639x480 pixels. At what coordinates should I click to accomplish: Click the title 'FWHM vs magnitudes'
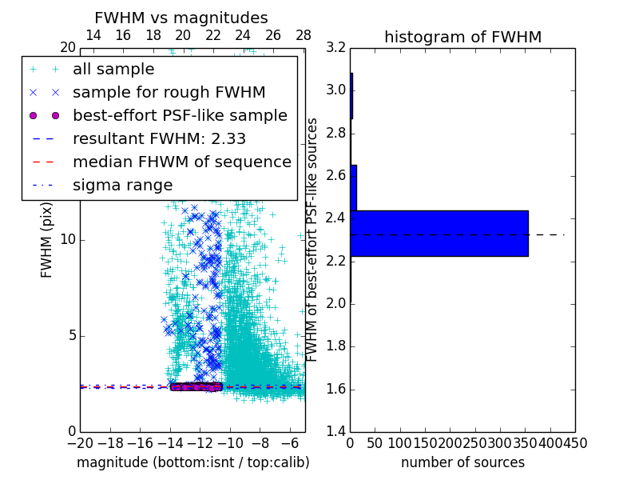(181, 18)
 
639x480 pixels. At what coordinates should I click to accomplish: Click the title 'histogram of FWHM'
(462, 37)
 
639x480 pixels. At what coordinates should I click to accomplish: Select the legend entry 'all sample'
(111, 70)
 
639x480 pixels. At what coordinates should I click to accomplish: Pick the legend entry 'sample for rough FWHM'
(169, 92)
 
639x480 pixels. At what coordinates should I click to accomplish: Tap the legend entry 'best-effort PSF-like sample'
(180, 115)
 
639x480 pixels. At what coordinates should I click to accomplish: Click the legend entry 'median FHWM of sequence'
(181, 162)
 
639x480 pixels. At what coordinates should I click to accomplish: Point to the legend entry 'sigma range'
(122, 185)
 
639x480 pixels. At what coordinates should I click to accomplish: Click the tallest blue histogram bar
(439, 233)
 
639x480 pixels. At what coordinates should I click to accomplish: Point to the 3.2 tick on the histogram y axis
(335, 47)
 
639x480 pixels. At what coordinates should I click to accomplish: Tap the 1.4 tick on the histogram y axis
(335, 432)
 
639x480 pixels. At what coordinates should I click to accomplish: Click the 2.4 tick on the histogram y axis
(335, 218)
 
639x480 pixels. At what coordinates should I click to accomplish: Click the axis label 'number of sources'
(462, 462)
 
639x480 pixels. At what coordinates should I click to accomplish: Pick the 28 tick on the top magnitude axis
(304, 35)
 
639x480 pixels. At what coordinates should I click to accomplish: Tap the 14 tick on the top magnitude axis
(93, 35)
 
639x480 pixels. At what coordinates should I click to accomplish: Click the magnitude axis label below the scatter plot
(192, 462)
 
